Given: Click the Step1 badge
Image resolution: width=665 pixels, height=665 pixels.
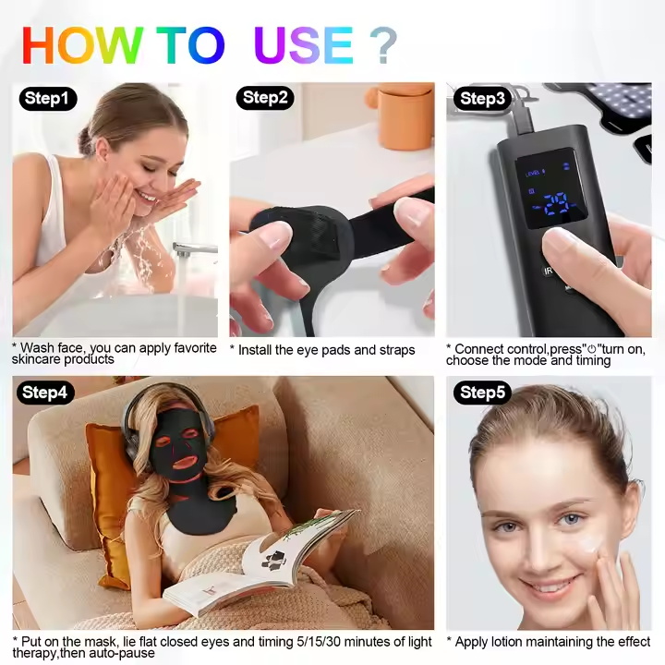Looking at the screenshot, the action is click(48, 99).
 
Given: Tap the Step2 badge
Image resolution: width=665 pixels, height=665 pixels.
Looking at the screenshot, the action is click(265, 98).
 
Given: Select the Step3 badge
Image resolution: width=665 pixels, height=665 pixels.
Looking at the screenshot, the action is click(482, 99).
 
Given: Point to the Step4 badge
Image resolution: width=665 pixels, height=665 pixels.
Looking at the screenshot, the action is click(45, 393).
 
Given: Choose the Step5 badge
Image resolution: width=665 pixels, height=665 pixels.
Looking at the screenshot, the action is click(482, 393).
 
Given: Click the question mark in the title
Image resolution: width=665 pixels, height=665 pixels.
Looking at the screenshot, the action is click(383, 45).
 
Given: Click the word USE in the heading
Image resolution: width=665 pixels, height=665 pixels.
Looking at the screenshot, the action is click(303, 45).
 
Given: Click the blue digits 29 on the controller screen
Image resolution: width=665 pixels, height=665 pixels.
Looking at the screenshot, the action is click(556, 204).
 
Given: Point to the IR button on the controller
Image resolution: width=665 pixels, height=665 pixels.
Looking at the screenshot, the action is click(548, 271).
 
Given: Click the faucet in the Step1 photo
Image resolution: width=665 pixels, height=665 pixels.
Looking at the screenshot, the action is click(193, 249).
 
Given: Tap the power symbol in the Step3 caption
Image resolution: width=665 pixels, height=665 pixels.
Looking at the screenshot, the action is click(592, 349).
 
